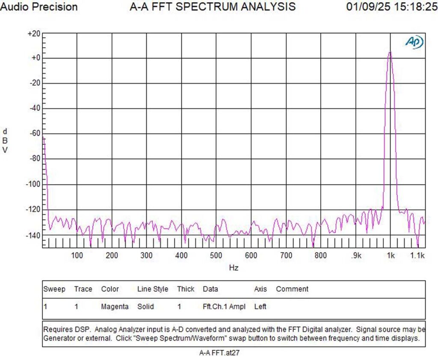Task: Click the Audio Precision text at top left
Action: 39,7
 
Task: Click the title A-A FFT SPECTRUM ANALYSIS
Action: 212,7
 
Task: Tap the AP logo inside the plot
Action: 414,42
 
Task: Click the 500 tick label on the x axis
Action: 216,256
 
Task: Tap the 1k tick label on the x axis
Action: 390,256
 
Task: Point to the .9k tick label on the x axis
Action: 356,256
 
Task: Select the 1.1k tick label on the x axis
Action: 417,256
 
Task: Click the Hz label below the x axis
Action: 234,268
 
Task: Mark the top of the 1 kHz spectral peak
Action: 390,52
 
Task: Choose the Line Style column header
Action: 152,289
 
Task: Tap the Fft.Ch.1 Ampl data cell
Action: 224,306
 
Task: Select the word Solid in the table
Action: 145,306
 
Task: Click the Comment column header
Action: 292,289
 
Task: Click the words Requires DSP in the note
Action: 67,330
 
